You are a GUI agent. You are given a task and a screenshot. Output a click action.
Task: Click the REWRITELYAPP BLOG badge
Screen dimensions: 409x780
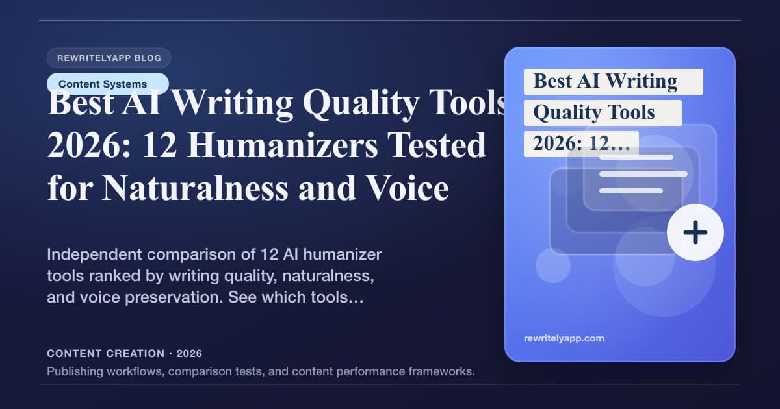coord(109,58)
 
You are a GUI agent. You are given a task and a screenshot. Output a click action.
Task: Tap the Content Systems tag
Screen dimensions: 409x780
coord(103,84)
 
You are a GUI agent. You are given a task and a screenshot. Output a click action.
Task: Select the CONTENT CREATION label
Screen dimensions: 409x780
coord(105,354)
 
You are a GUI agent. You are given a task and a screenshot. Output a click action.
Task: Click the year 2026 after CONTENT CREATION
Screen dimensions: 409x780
coord(189,354)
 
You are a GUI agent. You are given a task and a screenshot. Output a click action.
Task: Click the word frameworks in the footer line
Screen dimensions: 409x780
coord(443,372)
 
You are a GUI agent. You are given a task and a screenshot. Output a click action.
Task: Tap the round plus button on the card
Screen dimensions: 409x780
coord(695,232)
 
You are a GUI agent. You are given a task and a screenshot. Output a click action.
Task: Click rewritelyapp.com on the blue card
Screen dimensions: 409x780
coord(564,338)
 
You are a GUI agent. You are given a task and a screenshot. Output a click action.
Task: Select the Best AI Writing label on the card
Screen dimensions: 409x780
coord(605,82)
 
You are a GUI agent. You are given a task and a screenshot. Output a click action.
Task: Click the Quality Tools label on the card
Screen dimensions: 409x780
coord(593,113)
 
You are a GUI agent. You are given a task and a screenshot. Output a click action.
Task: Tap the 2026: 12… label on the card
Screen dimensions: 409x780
coord(581,144)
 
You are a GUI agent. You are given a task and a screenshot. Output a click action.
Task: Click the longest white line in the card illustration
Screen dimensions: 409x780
coord(643,174)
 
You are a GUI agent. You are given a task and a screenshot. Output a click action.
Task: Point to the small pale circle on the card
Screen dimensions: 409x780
coord(553,265)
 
